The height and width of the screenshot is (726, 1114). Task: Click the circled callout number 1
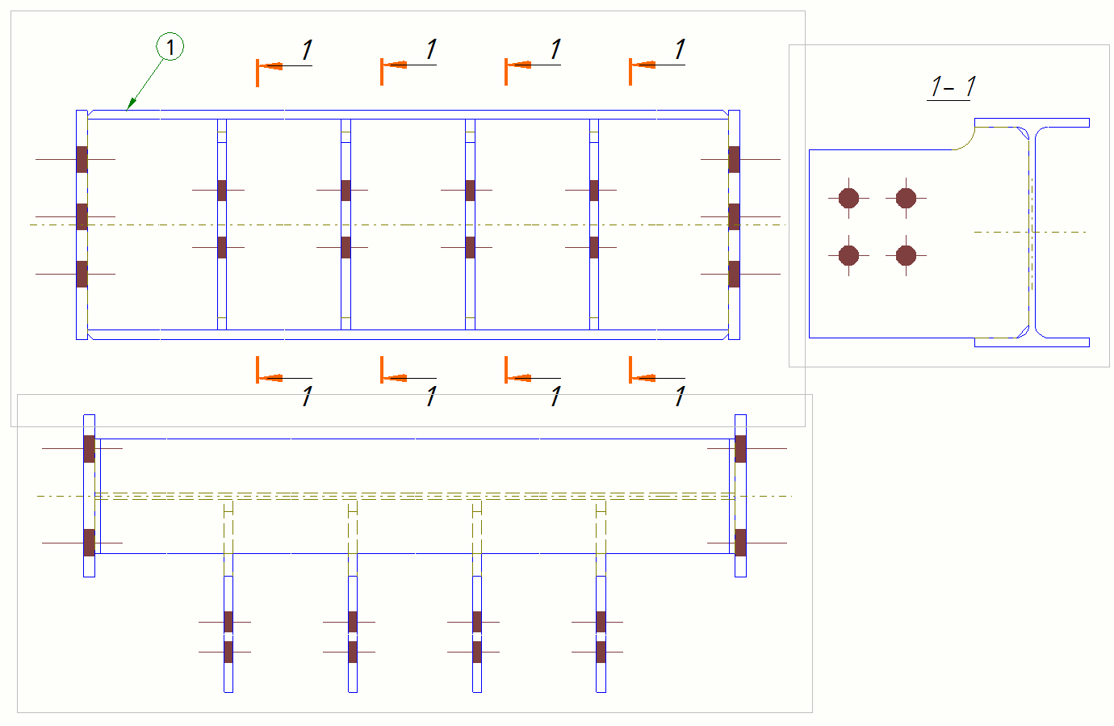[x=170, y=47]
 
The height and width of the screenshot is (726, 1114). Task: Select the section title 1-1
[x=953, y=86]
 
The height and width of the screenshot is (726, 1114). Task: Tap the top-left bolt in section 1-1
[x=848, y=198]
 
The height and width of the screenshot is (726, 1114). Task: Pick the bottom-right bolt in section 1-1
[x=906, y=255]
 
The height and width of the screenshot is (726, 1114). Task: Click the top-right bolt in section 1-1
[x=906, y=198]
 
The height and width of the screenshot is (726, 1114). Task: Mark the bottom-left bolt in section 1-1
[x=848, y=255]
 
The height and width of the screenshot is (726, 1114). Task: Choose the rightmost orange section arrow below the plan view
[x=642, y=377]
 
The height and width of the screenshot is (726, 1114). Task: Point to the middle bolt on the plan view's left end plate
[x=82, y=216]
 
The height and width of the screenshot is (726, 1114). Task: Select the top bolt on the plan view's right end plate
[x=734, y=159]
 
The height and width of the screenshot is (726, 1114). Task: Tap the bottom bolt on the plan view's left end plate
[x=82, y=274]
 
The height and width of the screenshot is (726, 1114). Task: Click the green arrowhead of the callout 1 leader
[x=129, y=105]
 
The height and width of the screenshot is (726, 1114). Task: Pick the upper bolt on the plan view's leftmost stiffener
[x=222, y=191]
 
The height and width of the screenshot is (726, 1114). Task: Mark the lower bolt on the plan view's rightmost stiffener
[x=594, y=247]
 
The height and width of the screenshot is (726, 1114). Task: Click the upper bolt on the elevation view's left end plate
[x=89, y=448]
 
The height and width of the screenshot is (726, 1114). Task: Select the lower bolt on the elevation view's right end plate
[x=740, y=543]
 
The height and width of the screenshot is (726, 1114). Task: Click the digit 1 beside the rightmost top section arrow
[x=680, y=49]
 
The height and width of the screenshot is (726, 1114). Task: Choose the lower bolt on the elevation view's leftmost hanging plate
[x=228, y=652]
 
